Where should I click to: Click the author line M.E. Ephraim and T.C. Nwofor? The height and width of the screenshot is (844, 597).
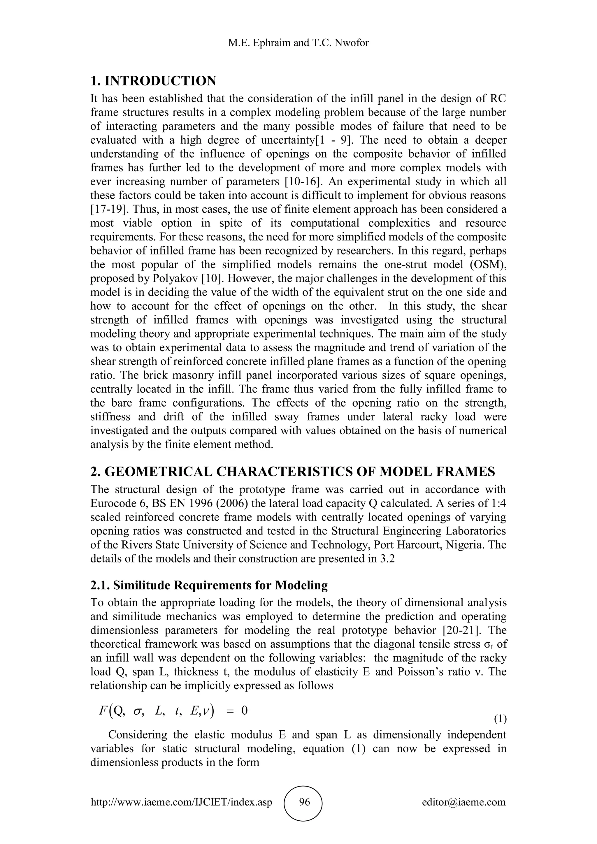click(x=298, y=43)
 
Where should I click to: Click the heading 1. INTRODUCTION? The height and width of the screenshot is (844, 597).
click(x=153, y=81)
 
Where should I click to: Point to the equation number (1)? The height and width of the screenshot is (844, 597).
click(x=500, y=719)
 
